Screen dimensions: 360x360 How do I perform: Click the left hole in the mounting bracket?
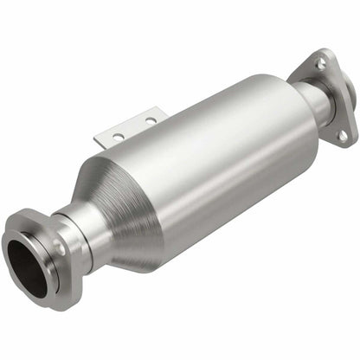point(118,136)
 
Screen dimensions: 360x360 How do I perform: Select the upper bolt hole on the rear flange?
point(321,62)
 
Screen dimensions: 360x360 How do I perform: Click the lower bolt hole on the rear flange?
point(341,135)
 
